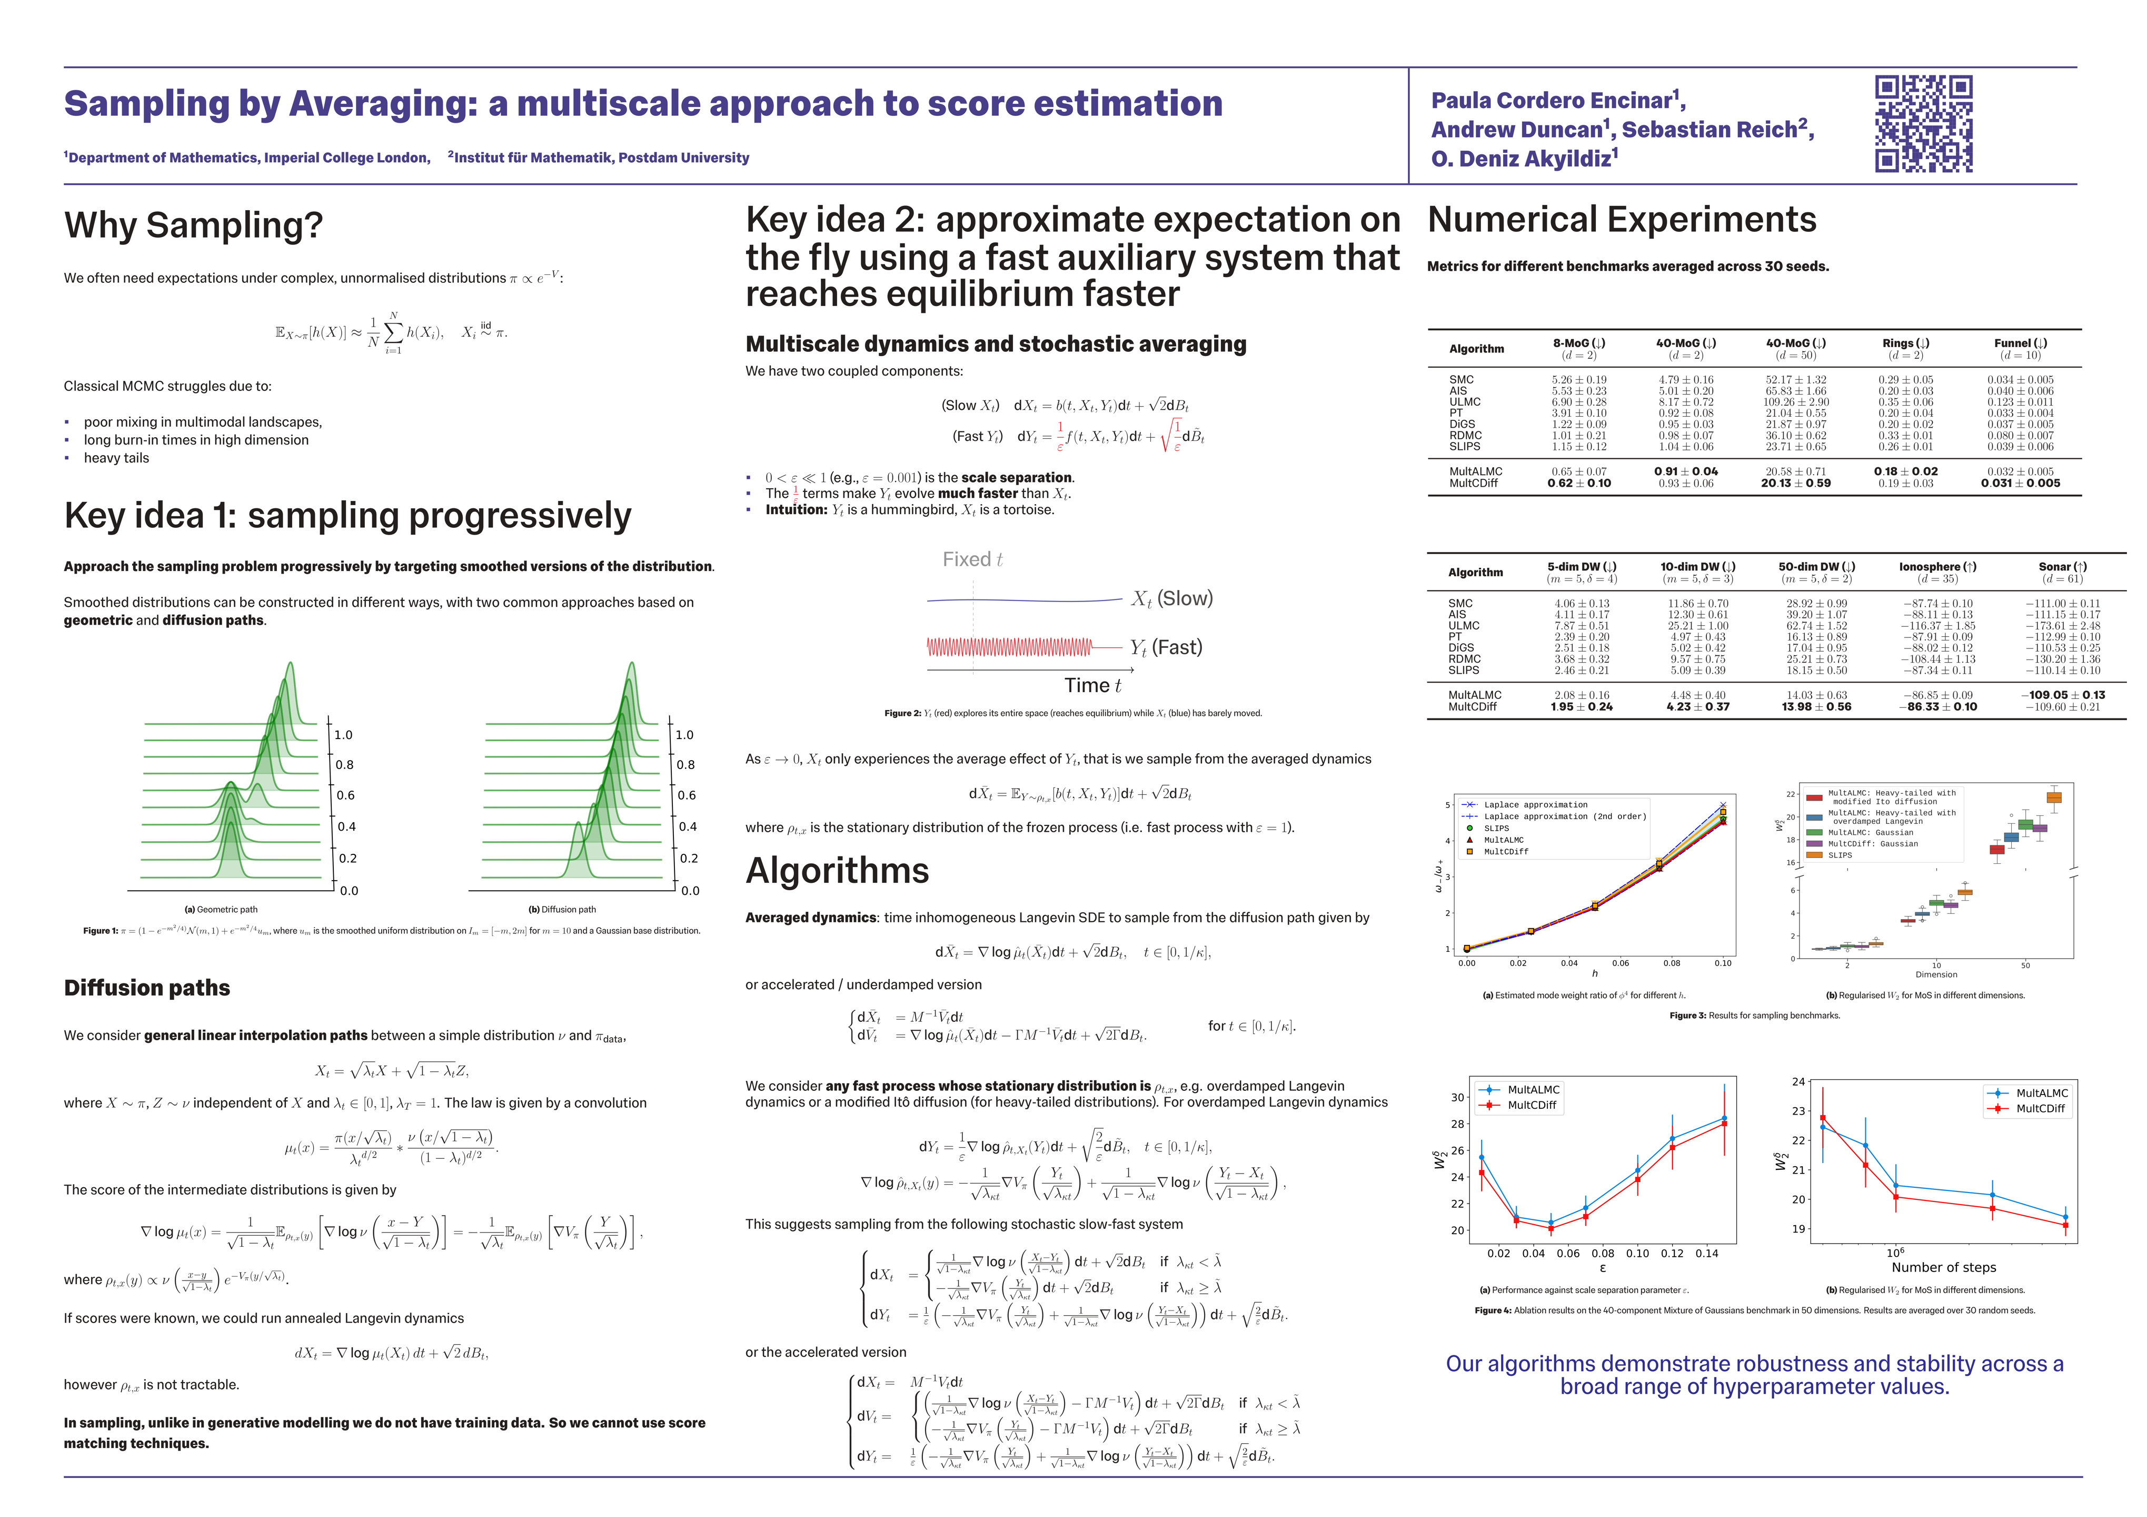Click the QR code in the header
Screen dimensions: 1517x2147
tap(1924, 123)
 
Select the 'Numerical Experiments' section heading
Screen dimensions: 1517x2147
tap(1622, 220)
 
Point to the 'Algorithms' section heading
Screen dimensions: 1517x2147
tap(837, 871)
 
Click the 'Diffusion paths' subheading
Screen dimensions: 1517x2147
tap(147, 988)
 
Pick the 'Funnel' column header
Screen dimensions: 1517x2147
tap(2020, 343)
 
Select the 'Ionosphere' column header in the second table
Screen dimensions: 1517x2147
tap(1936, 567)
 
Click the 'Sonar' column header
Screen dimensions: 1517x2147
tap(2062, 567)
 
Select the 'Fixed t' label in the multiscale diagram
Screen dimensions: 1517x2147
tap(971, 559)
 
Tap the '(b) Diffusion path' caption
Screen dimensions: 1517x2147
tap(561, 909)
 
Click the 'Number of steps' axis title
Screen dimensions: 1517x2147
tap(1943, 1267)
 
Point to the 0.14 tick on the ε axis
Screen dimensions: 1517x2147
tap(1706, 1253)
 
